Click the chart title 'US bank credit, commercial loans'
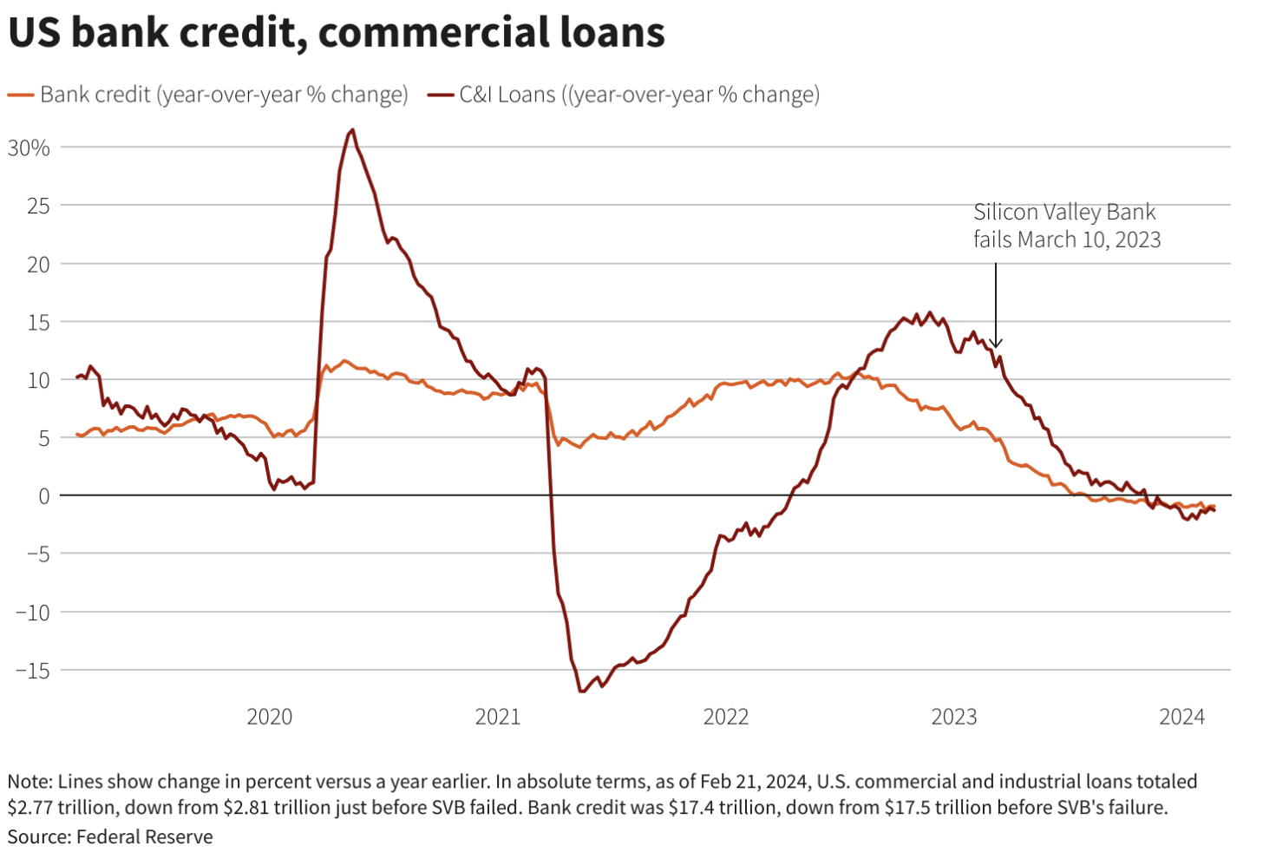click(x=336, y=33)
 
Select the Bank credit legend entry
click(x=208, y=95)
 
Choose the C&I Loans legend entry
click(x=625, y=95)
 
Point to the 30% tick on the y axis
click(x=29, y=148)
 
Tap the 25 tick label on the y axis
click(x=38, y=207)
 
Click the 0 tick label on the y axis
click(x=43, y=496)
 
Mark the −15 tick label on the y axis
click(x=33, y=671)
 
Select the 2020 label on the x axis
click(x=270, y=717)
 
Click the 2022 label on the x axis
click(x=726, y=717)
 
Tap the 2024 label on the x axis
click(x=1182, y=717)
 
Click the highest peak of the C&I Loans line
click(x=351, y=131)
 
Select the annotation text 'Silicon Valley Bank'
click(x=1064, y=213)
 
